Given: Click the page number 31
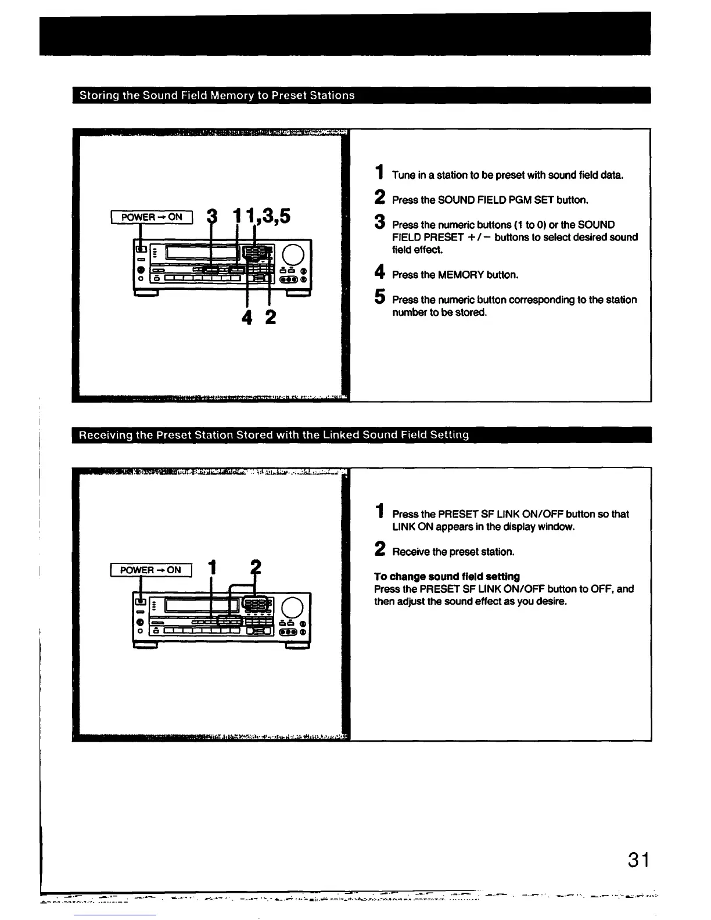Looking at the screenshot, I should coord(638,859).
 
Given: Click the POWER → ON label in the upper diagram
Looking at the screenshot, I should coord(151,217).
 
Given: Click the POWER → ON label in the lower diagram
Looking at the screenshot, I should coord(150,570).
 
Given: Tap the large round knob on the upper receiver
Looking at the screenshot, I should coord(293,254).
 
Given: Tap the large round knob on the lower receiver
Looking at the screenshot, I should coord(292,608).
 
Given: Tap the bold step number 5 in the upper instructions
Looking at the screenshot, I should coord(379,298).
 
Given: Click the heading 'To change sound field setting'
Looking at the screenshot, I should coord(447,576).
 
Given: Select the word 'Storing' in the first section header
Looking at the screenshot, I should coord(98,95).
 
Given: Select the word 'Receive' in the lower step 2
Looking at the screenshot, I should coord(411,552).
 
